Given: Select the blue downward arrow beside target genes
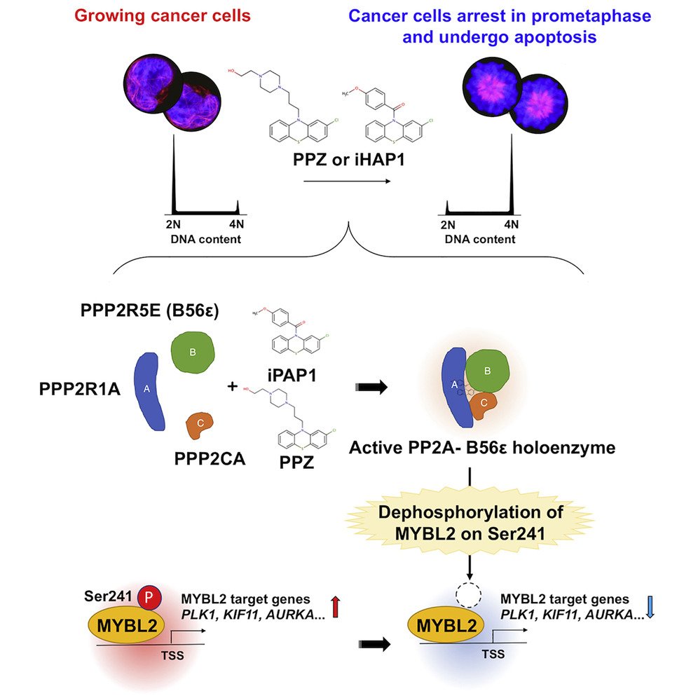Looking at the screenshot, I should (x=650, y=607).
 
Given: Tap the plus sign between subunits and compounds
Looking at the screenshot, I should (x=232, y=386).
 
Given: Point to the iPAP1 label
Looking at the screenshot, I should (x=288, y=376).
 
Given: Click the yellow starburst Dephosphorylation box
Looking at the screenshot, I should (x=470, y=522).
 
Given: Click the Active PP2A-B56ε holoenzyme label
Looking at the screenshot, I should (x=482, y=447).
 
